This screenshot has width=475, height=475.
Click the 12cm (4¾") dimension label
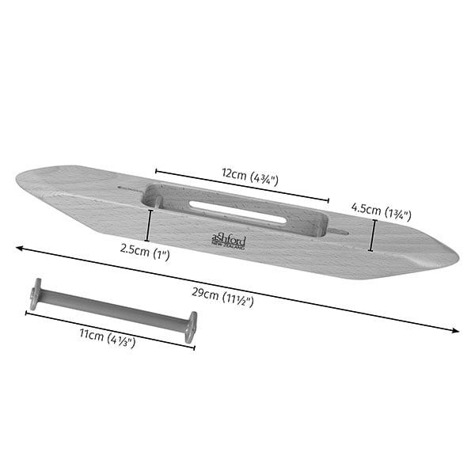tap(250, 177)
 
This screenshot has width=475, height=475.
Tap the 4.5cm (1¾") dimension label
tap(382, 211)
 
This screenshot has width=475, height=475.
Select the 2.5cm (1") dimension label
tap(145, 252)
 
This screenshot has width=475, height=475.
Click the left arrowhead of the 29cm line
tap(20, 248)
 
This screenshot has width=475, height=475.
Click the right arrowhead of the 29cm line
tap(455, 330)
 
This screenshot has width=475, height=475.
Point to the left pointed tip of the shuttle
tap(16, 180)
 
